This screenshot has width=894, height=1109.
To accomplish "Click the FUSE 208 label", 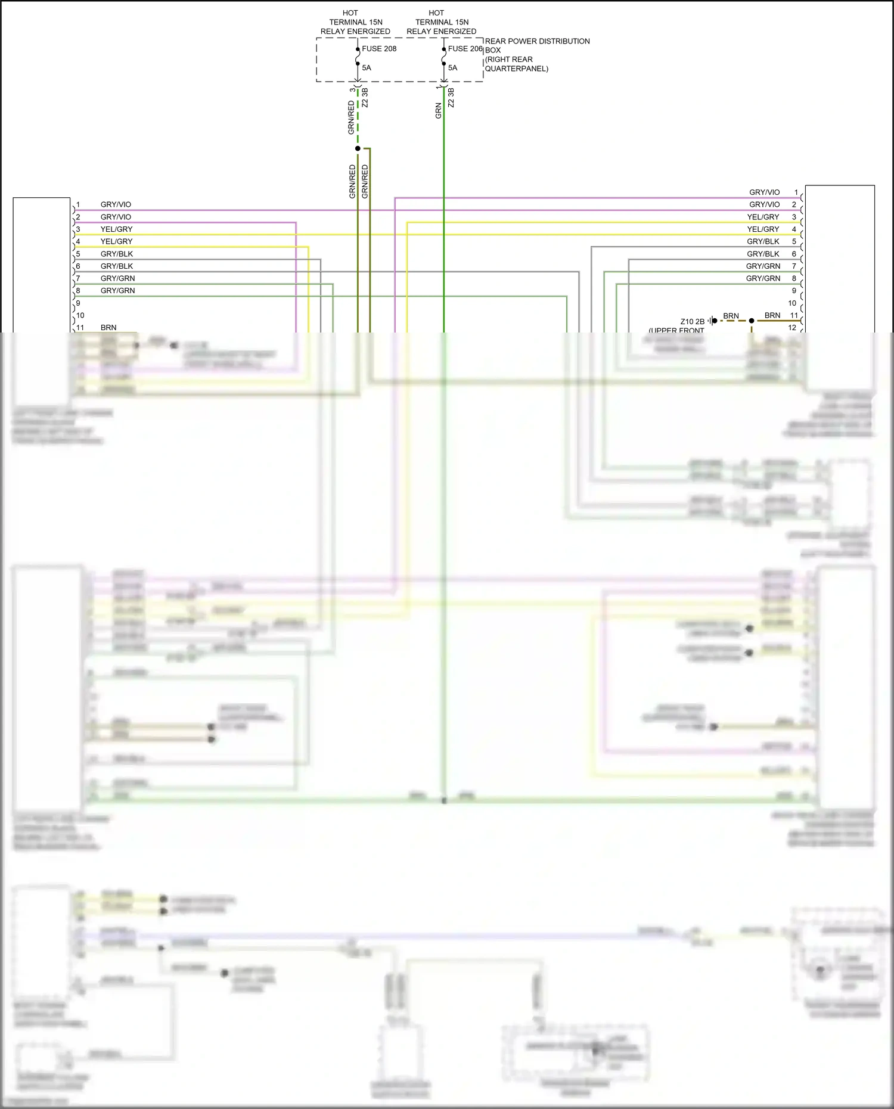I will (x=379, y=49).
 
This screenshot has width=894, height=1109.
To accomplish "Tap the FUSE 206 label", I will (x=465, y=49).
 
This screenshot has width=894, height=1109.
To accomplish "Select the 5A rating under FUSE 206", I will (x=452, y=68).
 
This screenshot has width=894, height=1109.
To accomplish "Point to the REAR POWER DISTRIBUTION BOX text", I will (x=537, y=42).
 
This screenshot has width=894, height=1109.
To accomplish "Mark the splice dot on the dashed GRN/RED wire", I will (x=358, y=148).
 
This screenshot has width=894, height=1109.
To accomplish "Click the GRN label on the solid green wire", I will (x=439, y=111).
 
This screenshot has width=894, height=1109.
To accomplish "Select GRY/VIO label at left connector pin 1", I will (x=116, y=204).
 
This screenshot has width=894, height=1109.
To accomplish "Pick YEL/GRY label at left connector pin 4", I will (x=116, y=241).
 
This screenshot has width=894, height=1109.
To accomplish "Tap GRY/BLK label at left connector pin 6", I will (x=116, y=266).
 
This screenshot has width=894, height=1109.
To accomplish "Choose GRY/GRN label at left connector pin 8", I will (x=117, y=291).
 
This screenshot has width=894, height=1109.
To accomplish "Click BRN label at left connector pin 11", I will (x=108, y=328).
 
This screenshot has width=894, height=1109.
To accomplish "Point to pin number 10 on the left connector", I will (x=80, y=315).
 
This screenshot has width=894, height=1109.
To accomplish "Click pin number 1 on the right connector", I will (x=796, y=192).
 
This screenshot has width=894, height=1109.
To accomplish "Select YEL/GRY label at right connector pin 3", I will (x=763, y=217).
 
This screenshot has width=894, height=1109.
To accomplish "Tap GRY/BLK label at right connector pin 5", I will (x=763, y=241).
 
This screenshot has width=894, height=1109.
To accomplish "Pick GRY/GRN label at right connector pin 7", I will (x=763, y=266).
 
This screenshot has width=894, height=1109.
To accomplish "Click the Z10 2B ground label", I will (x=692, y=322).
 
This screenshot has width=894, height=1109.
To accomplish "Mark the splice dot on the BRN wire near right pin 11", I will (x=752, y=321).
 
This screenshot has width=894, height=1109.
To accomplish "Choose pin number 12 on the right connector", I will (x=792, y=328).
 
